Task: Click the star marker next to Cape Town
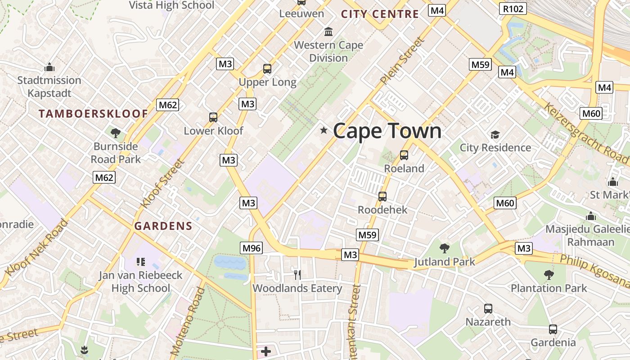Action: (x=324, y=130)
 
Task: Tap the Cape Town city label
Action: (x=387, y=131)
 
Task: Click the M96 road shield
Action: (x=251, y=248)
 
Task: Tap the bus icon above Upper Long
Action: (x=267, y=69)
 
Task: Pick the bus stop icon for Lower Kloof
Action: (x=213, y=117)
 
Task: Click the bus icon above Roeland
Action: (x=404, y=155)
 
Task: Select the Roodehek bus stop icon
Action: (x=382, y=197)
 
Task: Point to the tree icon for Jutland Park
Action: (x=445, y=248)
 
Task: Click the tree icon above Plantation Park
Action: (x=549, y=274)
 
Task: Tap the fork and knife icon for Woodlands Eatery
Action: (x=297, y=274)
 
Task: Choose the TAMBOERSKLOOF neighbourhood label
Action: (x=93, y=113)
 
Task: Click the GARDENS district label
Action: (x=163, y=226)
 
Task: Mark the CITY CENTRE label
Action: (x=380, y=14)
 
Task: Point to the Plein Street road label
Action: (x=402, y=61)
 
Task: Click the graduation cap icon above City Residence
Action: (x=495, y=135)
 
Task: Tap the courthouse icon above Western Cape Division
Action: (x=328, y=32)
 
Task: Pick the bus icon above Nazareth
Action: (x=488, y=309)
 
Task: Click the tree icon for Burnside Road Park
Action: (x=116, y=133)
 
